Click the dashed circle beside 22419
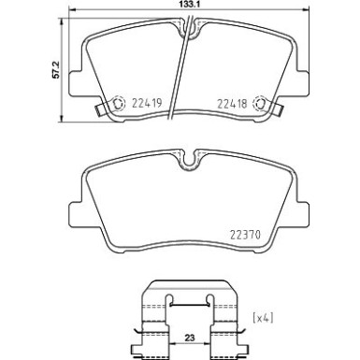[x=117, y=104]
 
